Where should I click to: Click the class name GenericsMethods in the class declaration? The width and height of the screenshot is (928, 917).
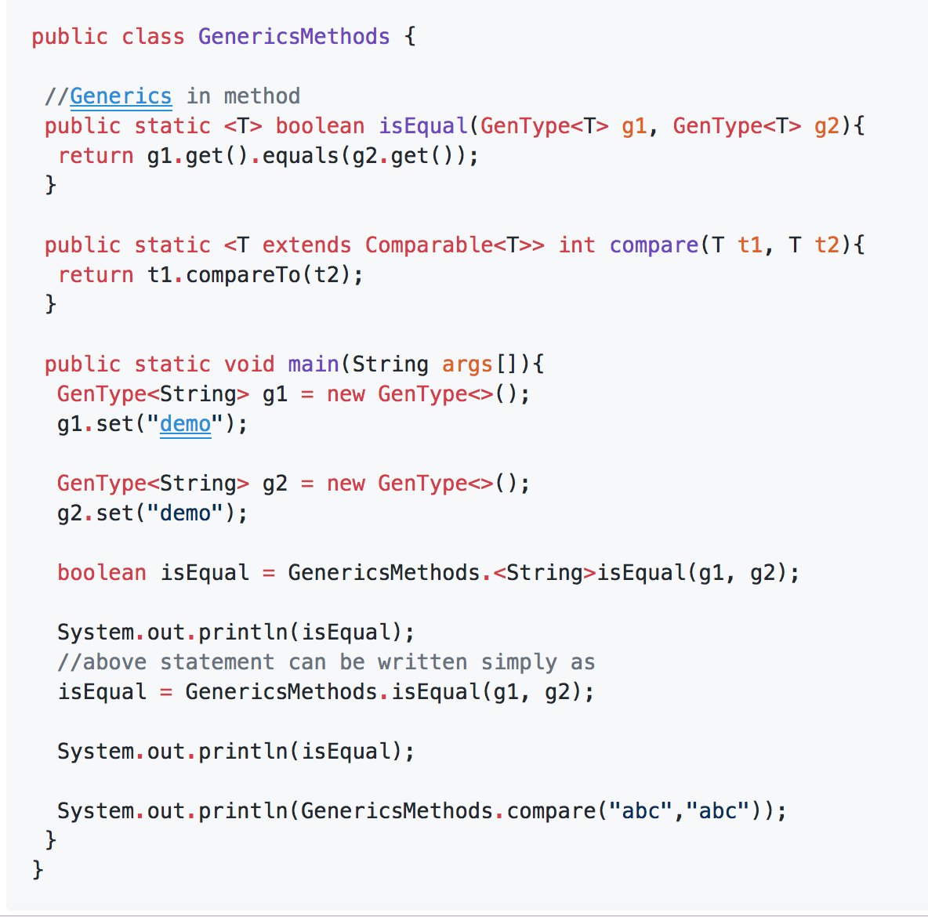tap(294, 37)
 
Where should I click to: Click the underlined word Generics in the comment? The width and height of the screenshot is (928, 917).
tap(121, 96)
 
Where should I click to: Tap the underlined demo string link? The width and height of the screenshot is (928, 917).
tap(186, 424)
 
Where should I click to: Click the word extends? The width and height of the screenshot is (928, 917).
tap(306, 245)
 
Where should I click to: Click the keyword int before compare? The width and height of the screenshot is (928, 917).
tap(576, 245)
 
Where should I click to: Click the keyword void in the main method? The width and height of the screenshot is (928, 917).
tap(249, 364)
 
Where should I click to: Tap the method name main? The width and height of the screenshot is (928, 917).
tap(314, 364)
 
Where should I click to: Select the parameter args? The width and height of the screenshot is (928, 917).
tap(467, 364)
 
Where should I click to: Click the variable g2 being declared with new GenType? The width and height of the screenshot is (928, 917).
tap(274, 484)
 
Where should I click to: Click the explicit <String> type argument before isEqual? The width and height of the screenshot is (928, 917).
tap(545, 573)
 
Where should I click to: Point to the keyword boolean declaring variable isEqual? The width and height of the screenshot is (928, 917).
tap(102, 573)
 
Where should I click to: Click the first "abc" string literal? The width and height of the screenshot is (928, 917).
tap(641, 810)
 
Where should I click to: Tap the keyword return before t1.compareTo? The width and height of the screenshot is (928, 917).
tap(96, 275)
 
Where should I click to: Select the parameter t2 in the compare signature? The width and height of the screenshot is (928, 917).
tap(827, 245)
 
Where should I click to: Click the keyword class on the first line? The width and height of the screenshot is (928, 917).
tap(153, 37)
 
